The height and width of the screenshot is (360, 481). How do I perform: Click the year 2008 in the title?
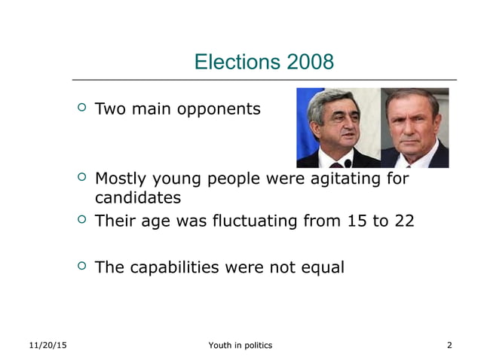pos(309,62)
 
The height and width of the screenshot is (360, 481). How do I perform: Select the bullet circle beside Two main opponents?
pos(82,108)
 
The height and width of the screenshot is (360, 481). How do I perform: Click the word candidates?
pos(137,198)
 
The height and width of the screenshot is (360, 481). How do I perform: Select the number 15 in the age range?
pos(357,221)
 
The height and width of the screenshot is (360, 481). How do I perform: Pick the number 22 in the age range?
pos(403,221)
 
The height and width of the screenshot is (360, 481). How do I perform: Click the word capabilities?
pos(174,267)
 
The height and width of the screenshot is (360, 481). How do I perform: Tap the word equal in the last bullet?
pos(320,267)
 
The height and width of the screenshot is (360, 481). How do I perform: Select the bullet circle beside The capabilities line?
pos(82,266)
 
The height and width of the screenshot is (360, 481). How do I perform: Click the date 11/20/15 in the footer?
pos(47,345)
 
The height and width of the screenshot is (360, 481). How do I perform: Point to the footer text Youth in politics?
pos(240,345)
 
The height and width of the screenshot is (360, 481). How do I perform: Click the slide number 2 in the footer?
pos(449,345)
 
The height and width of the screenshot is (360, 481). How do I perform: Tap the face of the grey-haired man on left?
pos(335,125)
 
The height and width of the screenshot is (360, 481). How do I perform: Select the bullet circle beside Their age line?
pos(82,220)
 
